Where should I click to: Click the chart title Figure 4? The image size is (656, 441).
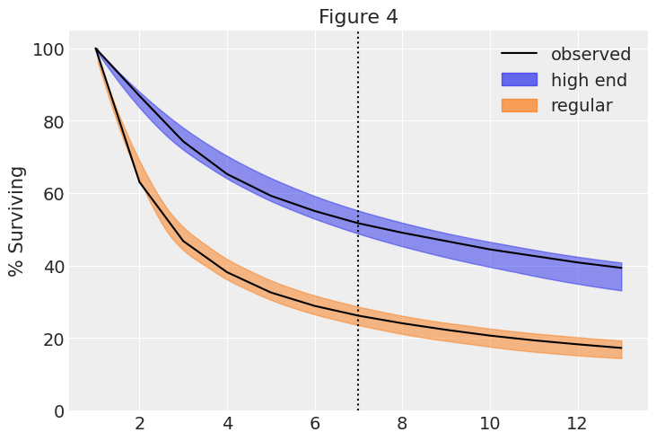[358, 17]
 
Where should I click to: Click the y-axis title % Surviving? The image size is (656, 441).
[16, 221]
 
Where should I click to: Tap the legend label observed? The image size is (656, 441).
[590, 55]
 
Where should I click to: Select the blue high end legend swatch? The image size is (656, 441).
[519, 80]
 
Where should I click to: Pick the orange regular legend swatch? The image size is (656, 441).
[519, 106]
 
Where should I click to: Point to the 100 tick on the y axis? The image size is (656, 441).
[48, 49]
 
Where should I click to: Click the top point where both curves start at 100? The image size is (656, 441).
[96, 49]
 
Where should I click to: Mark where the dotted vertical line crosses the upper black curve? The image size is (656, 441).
[358, 224]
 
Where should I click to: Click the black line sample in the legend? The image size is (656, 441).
[519, 55]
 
